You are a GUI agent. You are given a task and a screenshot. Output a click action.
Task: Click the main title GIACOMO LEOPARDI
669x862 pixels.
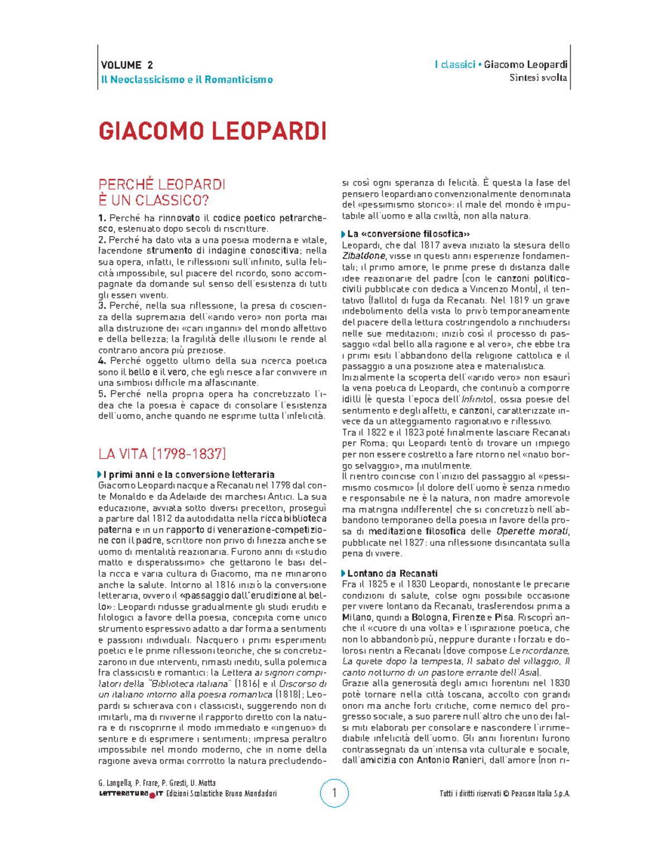click(x=212, y=131)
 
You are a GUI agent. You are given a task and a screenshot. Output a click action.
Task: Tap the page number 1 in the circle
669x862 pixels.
click(x=334, y=793)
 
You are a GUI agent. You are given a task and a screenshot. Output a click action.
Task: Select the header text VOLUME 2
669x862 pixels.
click(x=127, y=65)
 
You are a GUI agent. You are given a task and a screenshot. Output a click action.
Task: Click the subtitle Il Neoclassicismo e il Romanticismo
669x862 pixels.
click(x=187, y=80)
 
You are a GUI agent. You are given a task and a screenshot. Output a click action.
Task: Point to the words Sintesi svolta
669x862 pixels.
click(x=538, y=78)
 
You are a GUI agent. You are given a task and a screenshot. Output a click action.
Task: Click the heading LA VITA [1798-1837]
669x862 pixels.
click(x=162, y=454)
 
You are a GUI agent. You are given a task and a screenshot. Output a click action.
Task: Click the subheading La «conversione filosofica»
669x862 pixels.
click(x=408, y=234)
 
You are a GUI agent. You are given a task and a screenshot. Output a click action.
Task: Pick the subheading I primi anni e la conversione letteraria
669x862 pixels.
click(x=188, y=475)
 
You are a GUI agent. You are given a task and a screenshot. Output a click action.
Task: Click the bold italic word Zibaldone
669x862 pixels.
click(x=363, y=256)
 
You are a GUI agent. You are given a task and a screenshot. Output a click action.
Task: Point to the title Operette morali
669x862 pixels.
click(x=532, y=532)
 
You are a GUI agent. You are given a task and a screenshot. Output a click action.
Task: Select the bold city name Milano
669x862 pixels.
click(x=357, y=617)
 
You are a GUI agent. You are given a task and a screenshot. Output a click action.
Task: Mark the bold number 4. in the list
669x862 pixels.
click(x=102, y=361)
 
